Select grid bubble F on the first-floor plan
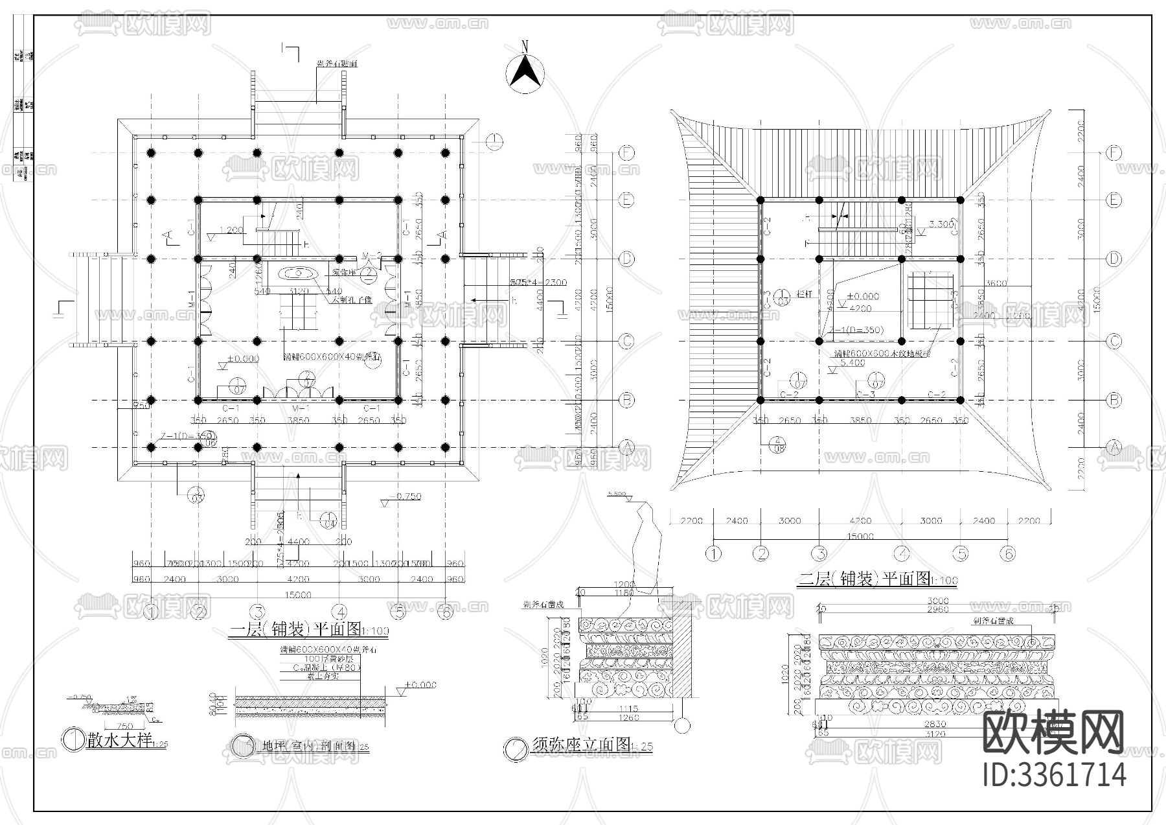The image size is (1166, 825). click(x=626, y=154)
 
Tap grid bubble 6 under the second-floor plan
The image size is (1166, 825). click(x=1007, y=553)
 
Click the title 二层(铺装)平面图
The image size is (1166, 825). click(x=868, y=579)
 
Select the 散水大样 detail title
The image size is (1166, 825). click(x=120, y=741)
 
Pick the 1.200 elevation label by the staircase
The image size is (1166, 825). click(x=231, y=230)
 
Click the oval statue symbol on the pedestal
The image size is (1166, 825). click(x=299, y=273)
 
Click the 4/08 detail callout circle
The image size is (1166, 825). click(x=777, y=445)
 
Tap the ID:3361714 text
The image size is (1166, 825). click(x=1054, y=775)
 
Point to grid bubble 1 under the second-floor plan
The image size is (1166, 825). click(x=713, y=553)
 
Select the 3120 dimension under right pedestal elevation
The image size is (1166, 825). click(x=937, y=734)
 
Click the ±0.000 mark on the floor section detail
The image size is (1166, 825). click(x=420, y=684)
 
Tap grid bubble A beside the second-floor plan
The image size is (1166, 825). click(x=1114, y=447)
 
